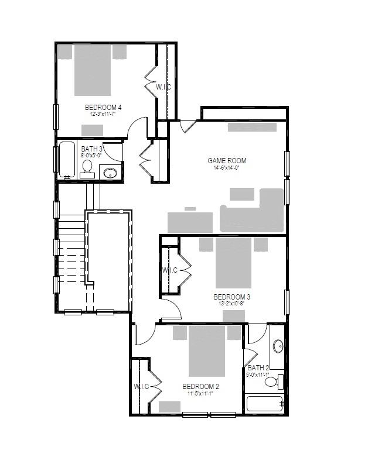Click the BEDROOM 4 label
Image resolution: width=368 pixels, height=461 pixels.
pyautogui.click(x=103, y=107)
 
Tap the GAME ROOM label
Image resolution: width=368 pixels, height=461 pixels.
pyautogui.click(x=227, y=160)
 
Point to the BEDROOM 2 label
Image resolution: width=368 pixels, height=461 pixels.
pyautogui.click(x=200, y=387)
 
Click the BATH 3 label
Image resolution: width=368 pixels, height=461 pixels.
pyautogui.click(x=91, y=150)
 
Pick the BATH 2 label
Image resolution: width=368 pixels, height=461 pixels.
pyautogui.click(x=258, y=368)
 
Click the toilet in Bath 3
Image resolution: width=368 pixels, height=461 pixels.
pyautogui.click(x=88, y=168)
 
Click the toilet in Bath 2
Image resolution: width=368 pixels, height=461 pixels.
pyautogui.click(x=272, y=381)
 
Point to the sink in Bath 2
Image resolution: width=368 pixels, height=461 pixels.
pyautogui.click(x=278, y=346)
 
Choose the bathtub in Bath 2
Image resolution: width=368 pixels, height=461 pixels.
pyautogui.click(x=264, y=404)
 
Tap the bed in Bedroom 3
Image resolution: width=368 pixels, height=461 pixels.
pyautogui.click(x=233, y=262)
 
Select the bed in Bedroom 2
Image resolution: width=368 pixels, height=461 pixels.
pyautogui.click(x=207, y=350)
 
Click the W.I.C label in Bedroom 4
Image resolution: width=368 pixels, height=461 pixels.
pyautogui.click(x=163, y=87)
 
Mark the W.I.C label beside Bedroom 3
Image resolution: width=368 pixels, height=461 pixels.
pyautogui.click(x=170, y=270)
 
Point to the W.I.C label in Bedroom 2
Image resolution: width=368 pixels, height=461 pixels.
pyautogui.click(x=142, y=387)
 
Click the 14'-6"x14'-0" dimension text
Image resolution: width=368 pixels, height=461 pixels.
pyautogui.click(x=227, y=168)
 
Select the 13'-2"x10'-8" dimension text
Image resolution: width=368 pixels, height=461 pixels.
pyautogui.click(x=233, y=304)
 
